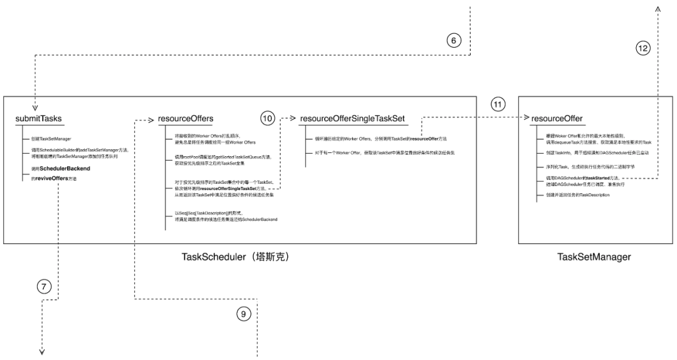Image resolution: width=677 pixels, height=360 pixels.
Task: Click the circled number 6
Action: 454,40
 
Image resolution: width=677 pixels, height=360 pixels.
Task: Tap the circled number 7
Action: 43,287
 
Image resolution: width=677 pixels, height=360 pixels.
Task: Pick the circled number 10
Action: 268,118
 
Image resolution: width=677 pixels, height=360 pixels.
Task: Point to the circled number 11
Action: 498,105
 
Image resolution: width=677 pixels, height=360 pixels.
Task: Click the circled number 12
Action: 641,48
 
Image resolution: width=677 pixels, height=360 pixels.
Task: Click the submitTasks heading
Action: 38,119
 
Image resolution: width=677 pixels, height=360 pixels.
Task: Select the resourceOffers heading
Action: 186,119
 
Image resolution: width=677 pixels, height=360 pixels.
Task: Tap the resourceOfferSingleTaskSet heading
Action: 352,119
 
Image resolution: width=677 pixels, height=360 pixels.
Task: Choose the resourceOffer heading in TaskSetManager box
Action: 556,119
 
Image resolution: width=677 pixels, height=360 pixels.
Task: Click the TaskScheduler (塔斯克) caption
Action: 235,257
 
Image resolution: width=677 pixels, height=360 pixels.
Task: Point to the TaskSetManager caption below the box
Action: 594,257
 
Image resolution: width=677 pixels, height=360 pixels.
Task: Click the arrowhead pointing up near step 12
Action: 658,9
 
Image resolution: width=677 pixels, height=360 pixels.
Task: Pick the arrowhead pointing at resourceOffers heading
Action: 150,119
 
